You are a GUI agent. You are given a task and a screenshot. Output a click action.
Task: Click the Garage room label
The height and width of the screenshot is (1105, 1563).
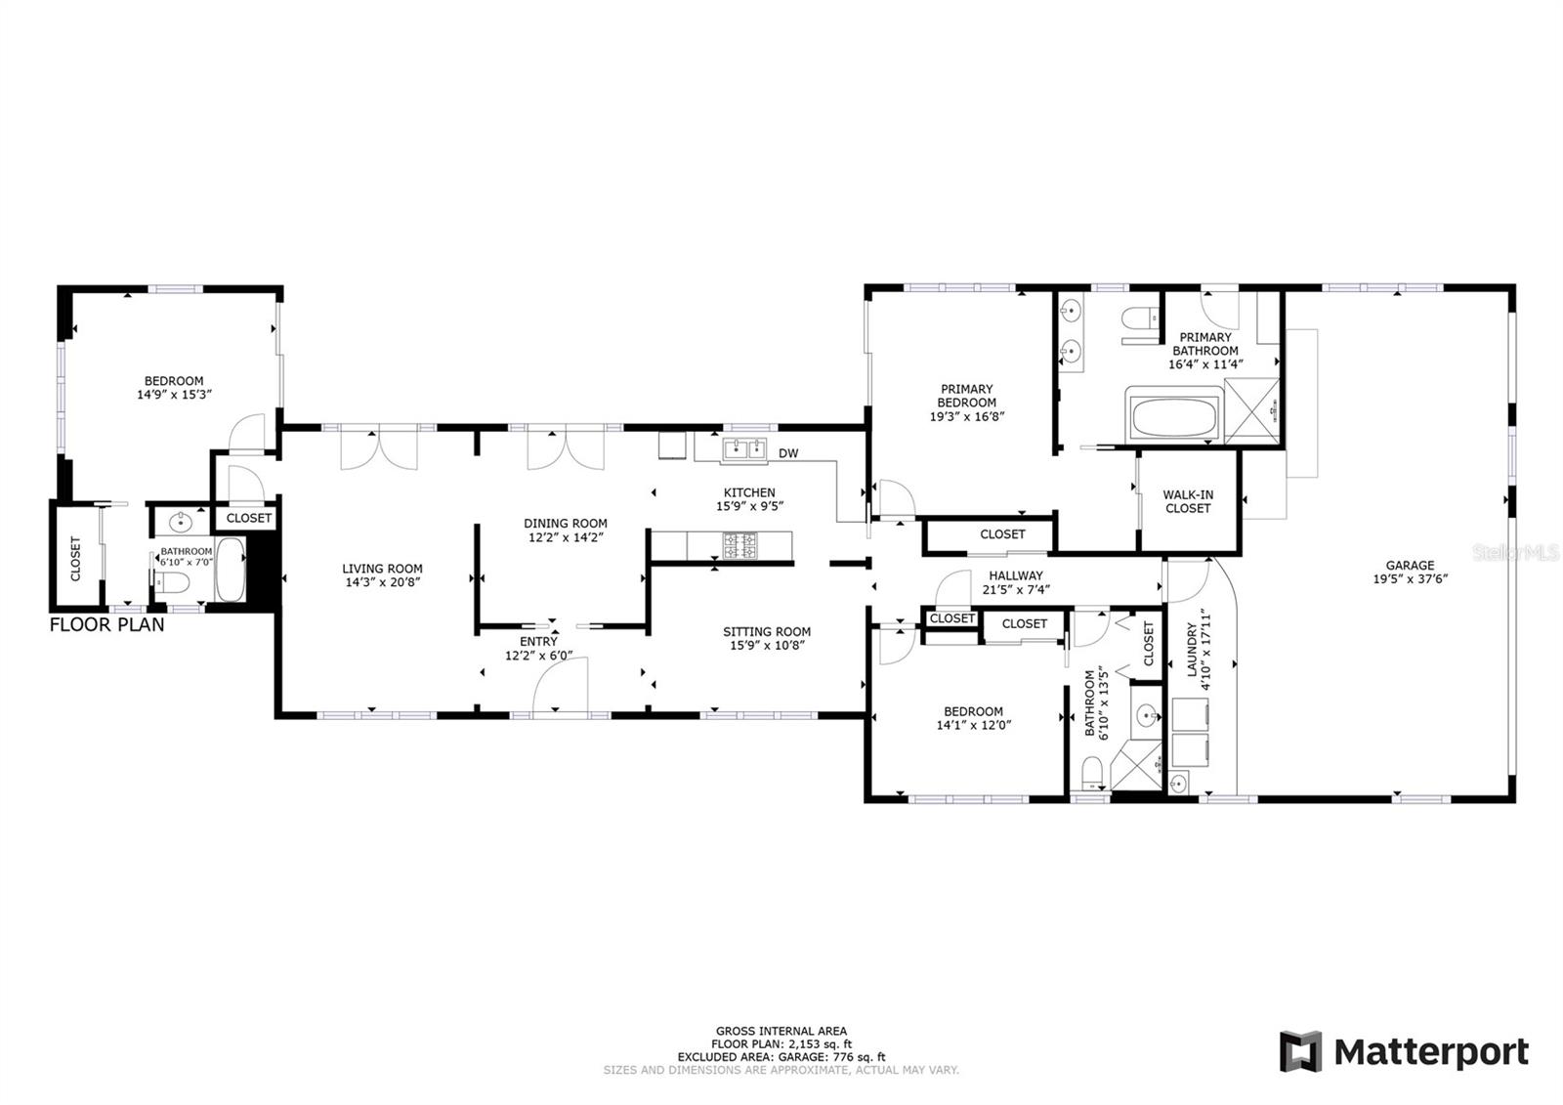(x=1410, y=566)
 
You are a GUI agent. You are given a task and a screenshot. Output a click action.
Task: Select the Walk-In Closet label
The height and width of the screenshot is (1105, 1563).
(x=1188, y=501)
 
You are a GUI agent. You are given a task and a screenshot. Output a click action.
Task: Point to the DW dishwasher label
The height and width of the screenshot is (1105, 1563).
(x=787, y=453)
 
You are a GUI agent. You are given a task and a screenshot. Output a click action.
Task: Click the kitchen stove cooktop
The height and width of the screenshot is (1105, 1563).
(x=739, y=545)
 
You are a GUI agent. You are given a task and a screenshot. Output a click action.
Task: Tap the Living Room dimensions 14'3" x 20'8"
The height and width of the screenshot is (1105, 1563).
(x=382, y=582)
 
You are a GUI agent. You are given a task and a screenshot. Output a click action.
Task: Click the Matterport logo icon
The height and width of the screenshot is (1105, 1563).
(x=1300, y=1051)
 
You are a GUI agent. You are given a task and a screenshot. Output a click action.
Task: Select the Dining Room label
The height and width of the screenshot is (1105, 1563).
(x=566, y=524)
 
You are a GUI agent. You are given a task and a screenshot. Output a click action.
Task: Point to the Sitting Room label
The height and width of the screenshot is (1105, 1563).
(x=767, y=632)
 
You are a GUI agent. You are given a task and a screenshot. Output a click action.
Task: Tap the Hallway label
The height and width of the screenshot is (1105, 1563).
(x=1016, y=575)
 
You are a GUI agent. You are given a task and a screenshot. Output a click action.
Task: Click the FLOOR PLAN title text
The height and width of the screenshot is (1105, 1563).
(x=106, y=624)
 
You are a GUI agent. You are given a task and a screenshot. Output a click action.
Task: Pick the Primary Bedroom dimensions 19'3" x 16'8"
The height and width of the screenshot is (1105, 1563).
(x=966, y=417)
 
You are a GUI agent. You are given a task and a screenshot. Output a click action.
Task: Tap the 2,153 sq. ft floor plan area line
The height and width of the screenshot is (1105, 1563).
(x=781, y=1044)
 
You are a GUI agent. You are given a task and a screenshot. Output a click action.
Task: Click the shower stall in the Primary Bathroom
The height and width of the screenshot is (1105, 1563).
(x=1251, y=412)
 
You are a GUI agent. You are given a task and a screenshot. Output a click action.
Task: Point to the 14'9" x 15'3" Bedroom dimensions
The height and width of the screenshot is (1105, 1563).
(x=174, y=395)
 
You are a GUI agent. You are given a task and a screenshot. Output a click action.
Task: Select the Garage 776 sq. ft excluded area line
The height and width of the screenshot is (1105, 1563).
(x=781, y=1057)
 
